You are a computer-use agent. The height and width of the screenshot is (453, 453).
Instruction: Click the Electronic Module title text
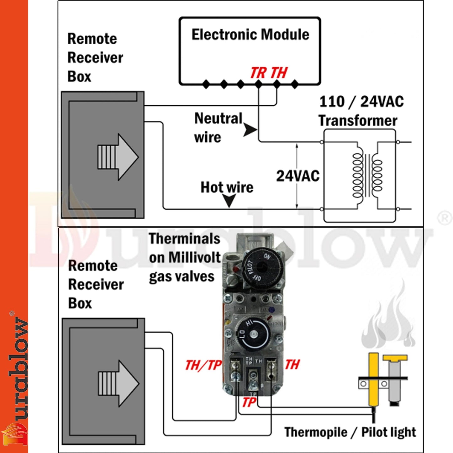coord(250,34)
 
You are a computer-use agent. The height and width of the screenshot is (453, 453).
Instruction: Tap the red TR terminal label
coord(258,73)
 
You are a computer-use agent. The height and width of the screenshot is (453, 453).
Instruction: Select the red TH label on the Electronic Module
coord(279,73)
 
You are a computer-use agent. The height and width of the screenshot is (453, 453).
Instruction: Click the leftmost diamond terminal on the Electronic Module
coord(206,84)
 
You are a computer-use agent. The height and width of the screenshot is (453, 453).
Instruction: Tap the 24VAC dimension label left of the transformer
coord(298,176)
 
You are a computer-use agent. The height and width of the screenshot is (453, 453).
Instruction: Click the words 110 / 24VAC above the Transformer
coord(361,102)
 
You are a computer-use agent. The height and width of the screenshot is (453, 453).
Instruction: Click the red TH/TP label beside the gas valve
coord(203,365)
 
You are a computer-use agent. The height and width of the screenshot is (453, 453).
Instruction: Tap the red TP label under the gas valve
coord(249,402)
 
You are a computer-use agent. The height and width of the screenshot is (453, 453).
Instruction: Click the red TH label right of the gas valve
coord(292,364)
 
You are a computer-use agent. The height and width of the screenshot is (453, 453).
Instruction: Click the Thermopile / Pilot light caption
coord(350,432)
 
